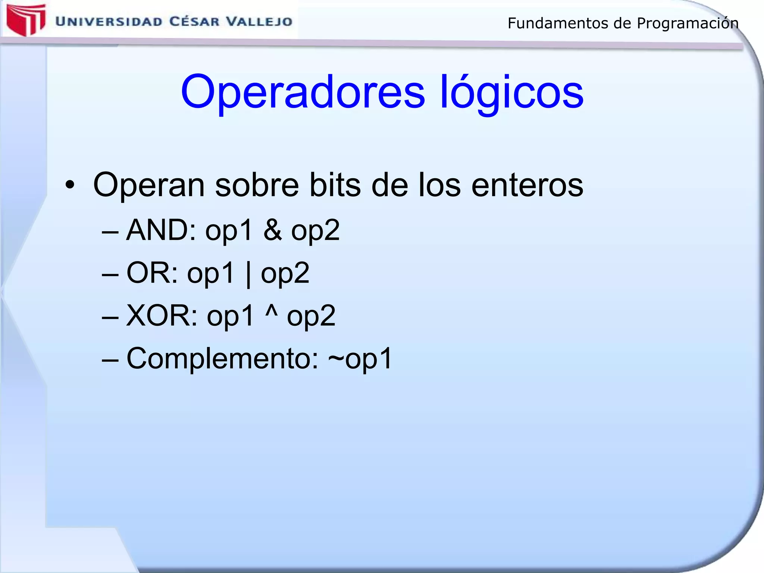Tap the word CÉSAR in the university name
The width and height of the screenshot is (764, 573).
coord(194,21)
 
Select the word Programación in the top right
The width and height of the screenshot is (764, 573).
coord(688,23)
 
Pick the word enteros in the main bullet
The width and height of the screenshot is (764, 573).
coord(527,185)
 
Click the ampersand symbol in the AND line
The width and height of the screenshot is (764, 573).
coord(273,230)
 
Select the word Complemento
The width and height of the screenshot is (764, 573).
coord(222,358)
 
